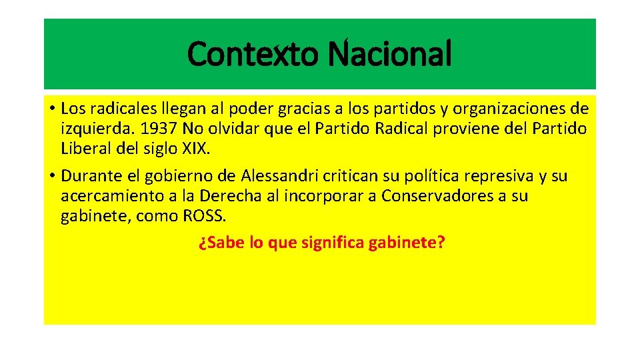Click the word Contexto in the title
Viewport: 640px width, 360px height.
254,54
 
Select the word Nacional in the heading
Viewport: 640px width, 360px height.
390,54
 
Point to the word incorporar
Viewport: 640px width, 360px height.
315,197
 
